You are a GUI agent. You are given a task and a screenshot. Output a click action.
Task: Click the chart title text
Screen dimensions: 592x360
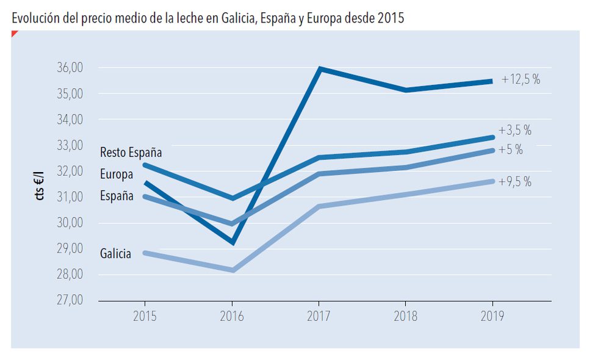pos(208,18)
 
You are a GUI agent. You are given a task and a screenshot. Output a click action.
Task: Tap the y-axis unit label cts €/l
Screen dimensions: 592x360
pos(39,185)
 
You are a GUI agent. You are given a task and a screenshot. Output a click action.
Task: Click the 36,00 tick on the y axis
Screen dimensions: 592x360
pos(70,68)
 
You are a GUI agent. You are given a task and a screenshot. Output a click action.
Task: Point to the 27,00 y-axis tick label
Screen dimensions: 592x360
pos(70,300)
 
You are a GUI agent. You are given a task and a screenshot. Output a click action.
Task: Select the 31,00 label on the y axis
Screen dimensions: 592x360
pos(70,196)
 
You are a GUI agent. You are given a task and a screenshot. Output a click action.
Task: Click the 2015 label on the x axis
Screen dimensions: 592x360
pos(145,316)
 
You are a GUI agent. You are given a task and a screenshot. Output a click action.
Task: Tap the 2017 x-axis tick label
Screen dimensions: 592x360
pos(319,316)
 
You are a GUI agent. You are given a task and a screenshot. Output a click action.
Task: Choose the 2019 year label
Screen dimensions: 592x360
pos(493,316)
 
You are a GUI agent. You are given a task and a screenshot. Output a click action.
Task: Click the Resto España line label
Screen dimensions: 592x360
pos(131,153)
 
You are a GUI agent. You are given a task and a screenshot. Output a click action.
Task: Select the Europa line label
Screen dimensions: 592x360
pos(117,175)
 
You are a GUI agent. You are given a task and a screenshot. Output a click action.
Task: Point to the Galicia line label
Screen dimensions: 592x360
pos(115,253)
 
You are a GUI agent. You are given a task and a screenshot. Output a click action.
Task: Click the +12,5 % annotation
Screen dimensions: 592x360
pos(521,79)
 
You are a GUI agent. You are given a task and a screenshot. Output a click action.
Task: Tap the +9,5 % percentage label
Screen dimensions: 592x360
pos(515,182)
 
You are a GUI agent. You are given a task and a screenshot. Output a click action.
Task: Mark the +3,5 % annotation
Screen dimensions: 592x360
pos(515,130)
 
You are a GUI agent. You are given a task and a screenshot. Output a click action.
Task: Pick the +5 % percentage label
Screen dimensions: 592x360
pos(511,150)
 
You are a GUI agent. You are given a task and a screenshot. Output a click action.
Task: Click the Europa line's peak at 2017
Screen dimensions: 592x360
pos(320,69)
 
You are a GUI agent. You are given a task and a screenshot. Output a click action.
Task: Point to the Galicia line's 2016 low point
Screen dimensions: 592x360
pos(233,270)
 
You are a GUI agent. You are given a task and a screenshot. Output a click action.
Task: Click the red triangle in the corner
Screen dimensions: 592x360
pos(14,34)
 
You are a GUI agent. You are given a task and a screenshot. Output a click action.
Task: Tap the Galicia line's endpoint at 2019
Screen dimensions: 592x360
pos(493,181)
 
